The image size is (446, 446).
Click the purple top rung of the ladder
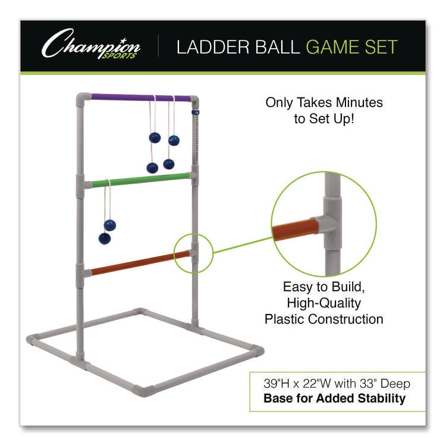(x=141, y=96)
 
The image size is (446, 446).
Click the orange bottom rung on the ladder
(x=141, y=262)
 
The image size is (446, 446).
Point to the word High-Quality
(x=324, y=303)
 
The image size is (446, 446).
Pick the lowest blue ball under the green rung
(x=105, y=238)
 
